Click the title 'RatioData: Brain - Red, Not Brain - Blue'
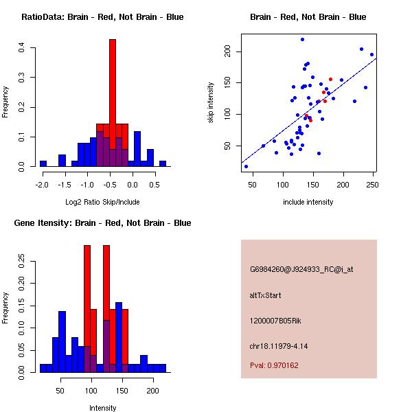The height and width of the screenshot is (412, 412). [x=102, y=16]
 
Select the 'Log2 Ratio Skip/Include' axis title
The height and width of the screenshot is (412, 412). [x=102, y=202]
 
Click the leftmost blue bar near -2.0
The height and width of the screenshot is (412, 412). [x=43, y=163]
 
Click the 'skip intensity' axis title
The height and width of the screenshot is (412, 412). [x=211, y=103]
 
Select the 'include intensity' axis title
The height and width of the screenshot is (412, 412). [x=308, y=202]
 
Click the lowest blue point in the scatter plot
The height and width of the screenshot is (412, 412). [x=246, y=166]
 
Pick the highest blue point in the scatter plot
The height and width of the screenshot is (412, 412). [x=302, y=40]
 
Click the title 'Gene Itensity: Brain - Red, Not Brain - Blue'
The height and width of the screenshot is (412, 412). [x=102, y=223]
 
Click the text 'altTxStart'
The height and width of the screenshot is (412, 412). [x=265, y=295]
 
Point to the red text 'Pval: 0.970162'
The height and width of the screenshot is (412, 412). [x=274, y=365]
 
